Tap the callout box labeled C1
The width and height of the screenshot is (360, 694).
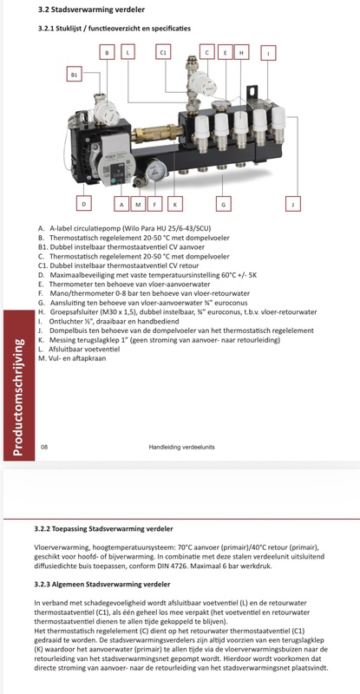coord(162,53)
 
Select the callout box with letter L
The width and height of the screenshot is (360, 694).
coord(128,53)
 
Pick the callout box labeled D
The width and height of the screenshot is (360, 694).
coord(83,204)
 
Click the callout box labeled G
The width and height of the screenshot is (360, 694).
coord(224,204)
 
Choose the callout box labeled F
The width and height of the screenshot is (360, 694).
coord(154,204)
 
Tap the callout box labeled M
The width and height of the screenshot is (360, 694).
coord(137,204)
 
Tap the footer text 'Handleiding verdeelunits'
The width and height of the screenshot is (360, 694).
coord(180,447)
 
